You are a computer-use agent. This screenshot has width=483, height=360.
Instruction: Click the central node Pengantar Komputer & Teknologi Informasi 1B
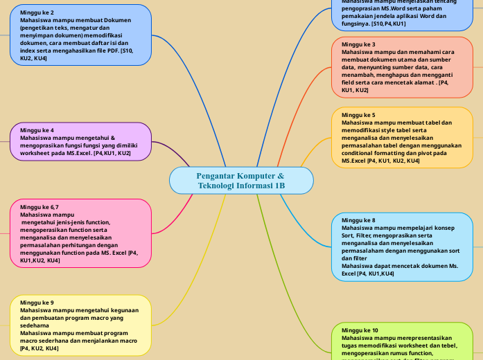[x=240, y=181]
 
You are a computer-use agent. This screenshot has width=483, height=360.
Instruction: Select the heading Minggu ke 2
[x=37, y=13]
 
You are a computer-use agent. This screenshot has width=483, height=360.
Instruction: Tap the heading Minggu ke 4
[x=37, y=130]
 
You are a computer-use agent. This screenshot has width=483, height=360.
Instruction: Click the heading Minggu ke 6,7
[x=39, y=207]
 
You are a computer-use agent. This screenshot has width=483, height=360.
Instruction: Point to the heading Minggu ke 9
[x=37, y=303]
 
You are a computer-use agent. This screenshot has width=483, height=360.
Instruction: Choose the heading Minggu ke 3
[x=358, y=44]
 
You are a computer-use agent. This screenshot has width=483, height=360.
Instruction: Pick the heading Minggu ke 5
[x=358, y=115]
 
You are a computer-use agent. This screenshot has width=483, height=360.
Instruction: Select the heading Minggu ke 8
[x=358, y=220]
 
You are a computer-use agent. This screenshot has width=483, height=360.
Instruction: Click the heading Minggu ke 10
[x=360, y=330]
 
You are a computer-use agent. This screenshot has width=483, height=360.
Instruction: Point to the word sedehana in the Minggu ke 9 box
[x=35, y=325]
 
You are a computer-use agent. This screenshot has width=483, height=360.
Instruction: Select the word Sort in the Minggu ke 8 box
[x=349, y=235]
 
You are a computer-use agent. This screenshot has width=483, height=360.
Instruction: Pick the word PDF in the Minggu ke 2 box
[x=109, y=51]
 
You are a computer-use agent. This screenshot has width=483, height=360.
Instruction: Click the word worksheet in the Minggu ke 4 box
[x=35, y=153]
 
